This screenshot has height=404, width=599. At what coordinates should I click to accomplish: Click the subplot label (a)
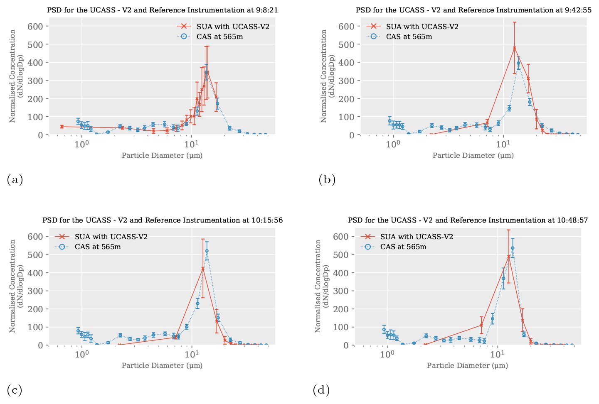pos(15,180)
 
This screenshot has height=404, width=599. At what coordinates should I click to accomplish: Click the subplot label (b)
pos(327,180)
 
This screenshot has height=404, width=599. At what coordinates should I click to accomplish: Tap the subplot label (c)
pos(15,390)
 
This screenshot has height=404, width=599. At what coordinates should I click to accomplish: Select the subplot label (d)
pos(321,390)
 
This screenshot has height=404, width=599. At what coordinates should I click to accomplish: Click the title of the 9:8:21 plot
pos(163,10)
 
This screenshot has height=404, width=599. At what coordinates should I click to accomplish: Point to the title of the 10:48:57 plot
pos(468,220)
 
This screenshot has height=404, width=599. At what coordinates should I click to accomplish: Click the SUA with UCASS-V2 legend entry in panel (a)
pos(233,27)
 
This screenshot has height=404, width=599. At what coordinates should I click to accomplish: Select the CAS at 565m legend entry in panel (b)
pos(409,37)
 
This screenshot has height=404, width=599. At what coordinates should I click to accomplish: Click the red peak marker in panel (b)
pos(514,48)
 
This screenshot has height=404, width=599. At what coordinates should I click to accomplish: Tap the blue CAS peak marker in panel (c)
pos(207,251)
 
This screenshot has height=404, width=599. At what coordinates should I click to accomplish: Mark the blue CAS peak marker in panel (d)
pos(513,248)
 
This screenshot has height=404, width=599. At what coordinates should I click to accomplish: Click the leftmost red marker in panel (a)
pos(62,127)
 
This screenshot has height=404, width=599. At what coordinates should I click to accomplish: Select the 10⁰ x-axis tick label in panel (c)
pos(82,355)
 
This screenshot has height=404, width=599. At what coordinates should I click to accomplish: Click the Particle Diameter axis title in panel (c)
pos(162,365)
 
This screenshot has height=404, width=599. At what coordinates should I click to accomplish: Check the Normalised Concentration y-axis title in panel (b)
pos(328,76)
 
